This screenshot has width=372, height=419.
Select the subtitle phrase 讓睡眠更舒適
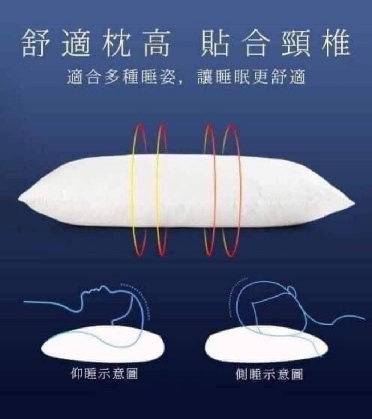[251, 77]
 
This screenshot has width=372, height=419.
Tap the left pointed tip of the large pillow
[20, 198]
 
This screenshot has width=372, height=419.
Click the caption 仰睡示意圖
[104, 374]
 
